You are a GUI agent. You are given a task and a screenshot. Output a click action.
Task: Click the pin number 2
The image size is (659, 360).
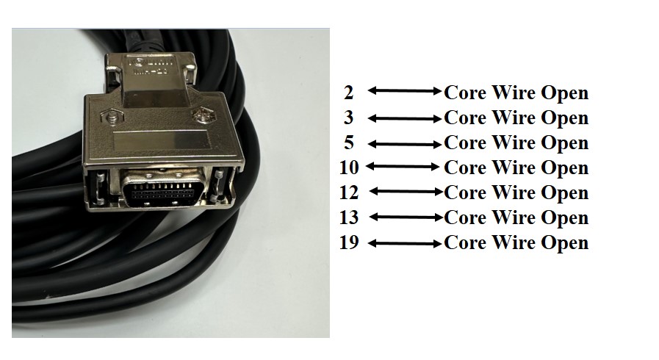pyautogui.click(x=348, y=93)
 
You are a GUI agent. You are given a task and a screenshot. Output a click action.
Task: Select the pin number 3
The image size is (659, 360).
pyautogui.click(x=348, y=118)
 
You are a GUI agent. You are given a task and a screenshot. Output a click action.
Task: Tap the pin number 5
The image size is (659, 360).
pyautogui.click(x=348, y=143)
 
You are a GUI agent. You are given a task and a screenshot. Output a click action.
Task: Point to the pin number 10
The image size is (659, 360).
pyautogui.click(x=348, y=168)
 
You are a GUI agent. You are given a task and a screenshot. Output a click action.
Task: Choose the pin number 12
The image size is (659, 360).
pyautogui.click(x=348, y=192)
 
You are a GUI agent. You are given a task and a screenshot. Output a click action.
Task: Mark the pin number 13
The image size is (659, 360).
pyautogui.click(x=348, y=217)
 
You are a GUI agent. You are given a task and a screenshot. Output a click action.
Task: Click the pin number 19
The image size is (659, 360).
pyautogui.click(x=348, y=242)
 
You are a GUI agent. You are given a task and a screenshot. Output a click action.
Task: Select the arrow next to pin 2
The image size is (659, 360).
pyautogui.click(x=405, y=92)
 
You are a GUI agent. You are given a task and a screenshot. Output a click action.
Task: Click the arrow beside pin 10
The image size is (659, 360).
pyautogui.click(x=405, y=168)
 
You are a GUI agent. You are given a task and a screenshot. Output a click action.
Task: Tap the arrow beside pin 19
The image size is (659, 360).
pyautogui.click(x=405, y=242)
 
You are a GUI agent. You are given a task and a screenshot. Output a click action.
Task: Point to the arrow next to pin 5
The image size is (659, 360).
pyautogui.click(x=405, y=143)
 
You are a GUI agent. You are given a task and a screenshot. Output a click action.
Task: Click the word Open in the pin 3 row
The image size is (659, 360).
pyautogui.click(x=564, y=118)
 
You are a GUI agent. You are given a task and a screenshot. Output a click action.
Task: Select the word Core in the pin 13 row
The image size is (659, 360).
pyautogui.click(x=465, y=217)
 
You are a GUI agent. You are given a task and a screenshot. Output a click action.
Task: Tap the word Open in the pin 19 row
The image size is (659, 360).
pyautogui.click(x=564, y=243)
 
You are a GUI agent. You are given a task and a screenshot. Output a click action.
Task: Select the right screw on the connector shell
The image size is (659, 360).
pyautogui.click(x=204, y=115)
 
